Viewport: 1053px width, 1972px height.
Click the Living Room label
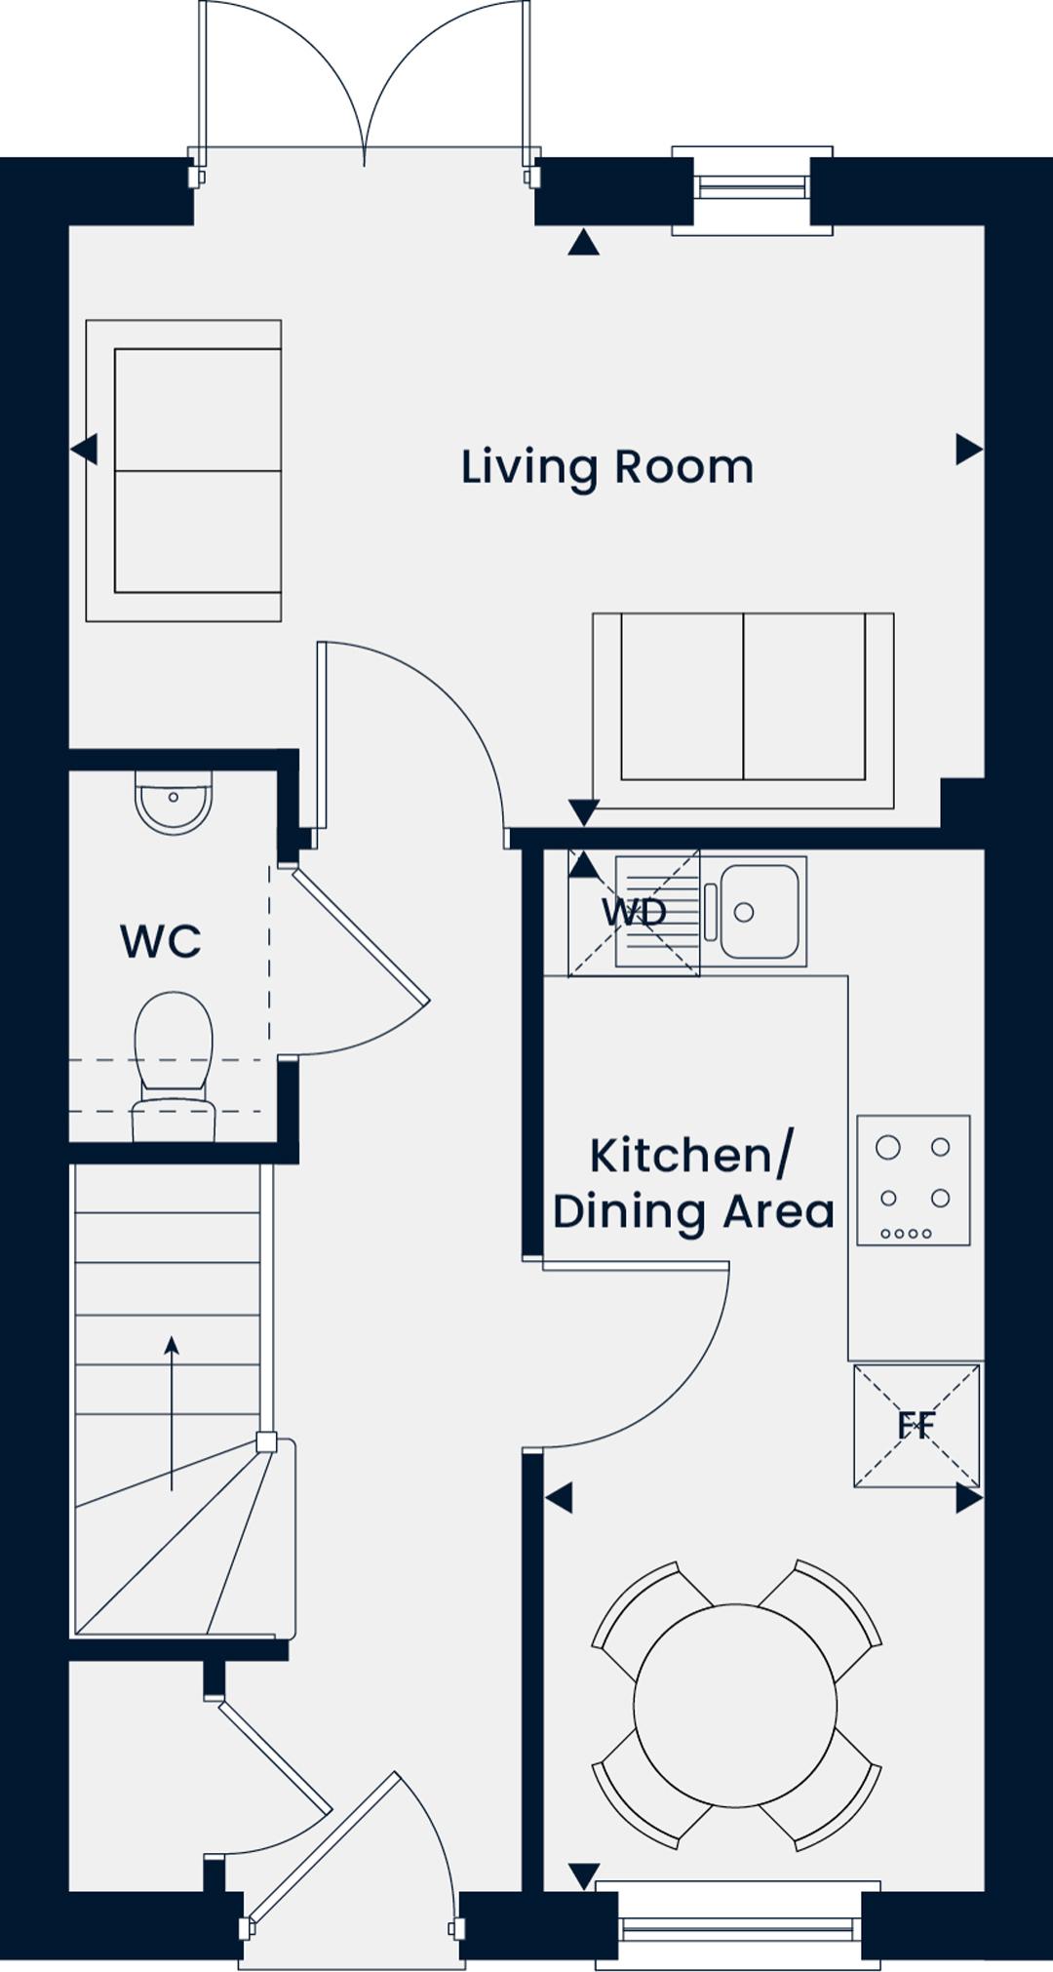point(607,468)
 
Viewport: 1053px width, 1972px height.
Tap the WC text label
point(161,941)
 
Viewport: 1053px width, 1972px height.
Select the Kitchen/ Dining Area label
point(693,1183)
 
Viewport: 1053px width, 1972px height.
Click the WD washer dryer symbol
point(634,913)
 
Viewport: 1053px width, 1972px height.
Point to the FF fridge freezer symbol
point(916,1425)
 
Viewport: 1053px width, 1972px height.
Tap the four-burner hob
point(914,1180)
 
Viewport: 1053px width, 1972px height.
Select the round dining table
point(735,1704)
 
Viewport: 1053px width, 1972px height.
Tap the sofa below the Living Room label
point(743,710)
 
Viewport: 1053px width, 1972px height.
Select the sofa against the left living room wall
point(183,470)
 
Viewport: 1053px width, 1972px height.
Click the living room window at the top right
point(753,190)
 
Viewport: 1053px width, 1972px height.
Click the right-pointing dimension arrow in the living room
point(968,450)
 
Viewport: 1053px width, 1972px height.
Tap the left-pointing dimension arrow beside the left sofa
point(85,450)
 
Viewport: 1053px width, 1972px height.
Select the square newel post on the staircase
point(265,1441)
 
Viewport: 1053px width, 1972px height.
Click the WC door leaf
point(360,936)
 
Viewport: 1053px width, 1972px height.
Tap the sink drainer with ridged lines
point(658,912)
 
